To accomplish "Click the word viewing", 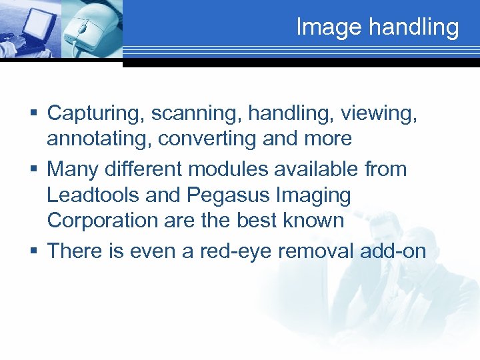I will [x=379, y=114].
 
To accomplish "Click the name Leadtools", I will [x=93, y=195].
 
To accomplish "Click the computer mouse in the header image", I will [x=89, y=30].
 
